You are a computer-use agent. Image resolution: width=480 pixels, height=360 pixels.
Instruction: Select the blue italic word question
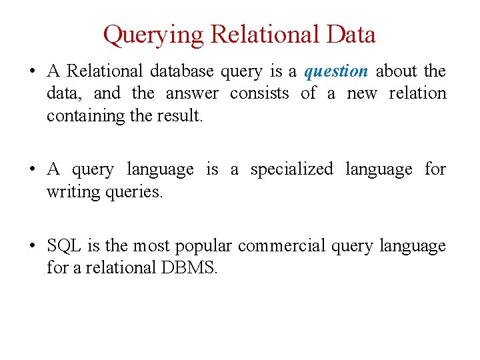pos(336,71)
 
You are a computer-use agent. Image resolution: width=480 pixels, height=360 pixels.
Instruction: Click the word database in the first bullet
pos(180,71)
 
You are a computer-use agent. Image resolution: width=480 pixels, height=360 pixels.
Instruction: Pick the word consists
pos(259,93)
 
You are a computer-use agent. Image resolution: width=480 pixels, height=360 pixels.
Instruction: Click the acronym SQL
pos(64,246)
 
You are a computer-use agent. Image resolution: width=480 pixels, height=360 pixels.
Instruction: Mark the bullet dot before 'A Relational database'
pos(32,71)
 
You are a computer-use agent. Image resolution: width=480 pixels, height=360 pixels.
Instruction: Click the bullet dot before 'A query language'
pos(32,170)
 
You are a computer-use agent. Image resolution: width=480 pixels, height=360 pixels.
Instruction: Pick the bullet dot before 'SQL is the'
pos(32,247)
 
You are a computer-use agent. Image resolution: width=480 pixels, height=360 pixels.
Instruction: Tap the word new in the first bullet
pos(362,93)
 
